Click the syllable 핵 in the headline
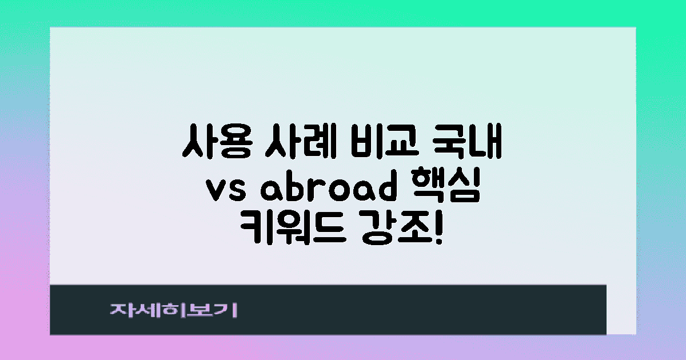point(434,189)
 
